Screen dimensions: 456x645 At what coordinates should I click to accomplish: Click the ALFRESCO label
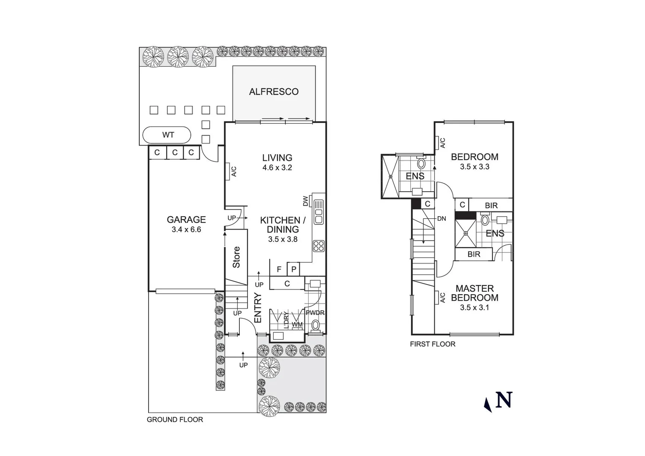coord(274,92)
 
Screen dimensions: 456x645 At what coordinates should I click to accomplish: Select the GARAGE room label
coord(186,220)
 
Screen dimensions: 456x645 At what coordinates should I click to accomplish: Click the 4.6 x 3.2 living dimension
coord(277,168)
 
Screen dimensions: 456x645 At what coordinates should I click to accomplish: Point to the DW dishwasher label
coord(306,201)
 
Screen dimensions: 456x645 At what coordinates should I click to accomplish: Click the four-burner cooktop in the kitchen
coord(318,246)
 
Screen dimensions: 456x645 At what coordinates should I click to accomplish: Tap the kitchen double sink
coord(318,212)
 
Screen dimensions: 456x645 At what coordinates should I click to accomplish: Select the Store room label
coord(236,257)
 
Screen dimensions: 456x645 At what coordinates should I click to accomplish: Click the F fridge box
coord(279,269)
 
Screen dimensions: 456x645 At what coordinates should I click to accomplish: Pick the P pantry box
coord(294,269)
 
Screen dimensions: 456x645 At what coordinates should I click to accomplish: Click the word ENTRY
coord(258,308)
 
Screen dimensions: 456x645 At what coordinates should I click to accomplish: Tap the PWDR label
coord(315,313)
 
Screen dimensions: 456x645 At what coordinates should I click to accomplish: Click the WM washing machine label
coord(297,325)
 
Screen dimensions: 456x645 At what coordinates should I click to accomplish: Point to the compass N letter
coord(504,400)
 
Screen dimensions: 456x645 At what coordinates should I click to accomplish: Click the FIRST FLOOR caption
coord(432,344)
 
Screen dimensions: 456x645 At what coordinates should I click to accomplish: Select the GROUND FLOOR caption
coord(175,420)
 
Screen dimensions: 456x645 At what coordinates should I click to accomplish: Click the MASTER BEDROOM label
coord(474,293)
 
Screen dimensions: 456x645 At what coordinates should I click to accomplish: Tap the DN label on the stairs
coord(442,219)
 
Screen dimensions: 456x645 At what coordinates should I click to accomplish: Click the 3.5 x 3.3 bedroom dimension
coord(474,167)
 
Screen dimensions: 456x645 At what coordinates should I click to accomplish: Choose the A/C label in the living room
coord(233,171)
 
